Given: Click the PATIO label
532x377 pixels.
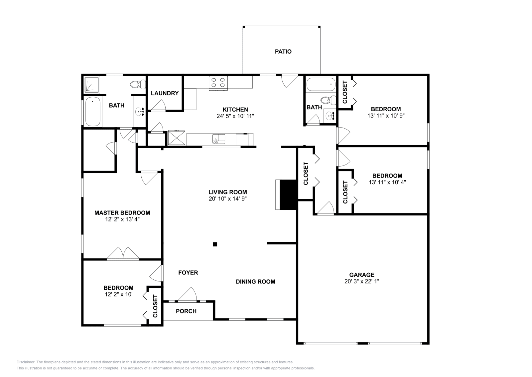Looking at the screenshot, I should (x=283, y=52).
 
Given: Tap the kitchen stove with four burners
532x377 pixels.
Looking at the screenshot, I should (x=218, y=83).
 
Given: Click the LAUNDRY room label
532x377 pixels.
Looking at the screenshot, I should (x=165, y=93).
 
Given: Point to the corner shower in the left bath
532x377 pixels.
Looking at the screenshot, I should (x=91, y=85).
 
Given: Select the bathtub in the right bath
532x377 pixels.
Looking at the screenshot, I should (x=321, y=85).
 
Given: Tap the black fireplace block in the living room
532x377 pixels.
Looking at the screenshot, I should (x=288, y=195).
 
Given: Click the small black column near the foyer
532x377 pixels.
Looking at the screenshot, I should (x=215, y=244).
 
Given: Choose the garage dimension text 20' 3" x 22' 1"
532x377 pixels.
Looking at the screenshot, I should (x=362, y=281).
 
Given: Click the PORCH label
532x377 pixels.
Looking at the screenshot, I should (x=186, y=311).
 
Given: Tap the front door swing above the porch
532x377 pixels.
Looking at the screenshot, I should (x=188, y=294).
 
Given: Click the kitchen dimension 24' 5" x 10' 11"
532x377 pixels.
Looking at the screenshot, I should (x=235, y=116).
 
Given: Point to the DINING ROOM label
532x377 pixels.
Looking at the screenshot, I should (x=255, y=282).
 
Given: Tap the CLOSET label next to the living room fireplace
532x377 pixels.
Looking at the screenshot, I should (x=306, y=174).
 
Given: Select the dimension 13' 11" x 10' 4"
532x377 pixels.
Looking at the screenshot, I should (x=387, y=182).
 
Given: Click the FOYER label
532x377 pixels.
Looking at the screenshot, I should (x=188, y=273).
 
